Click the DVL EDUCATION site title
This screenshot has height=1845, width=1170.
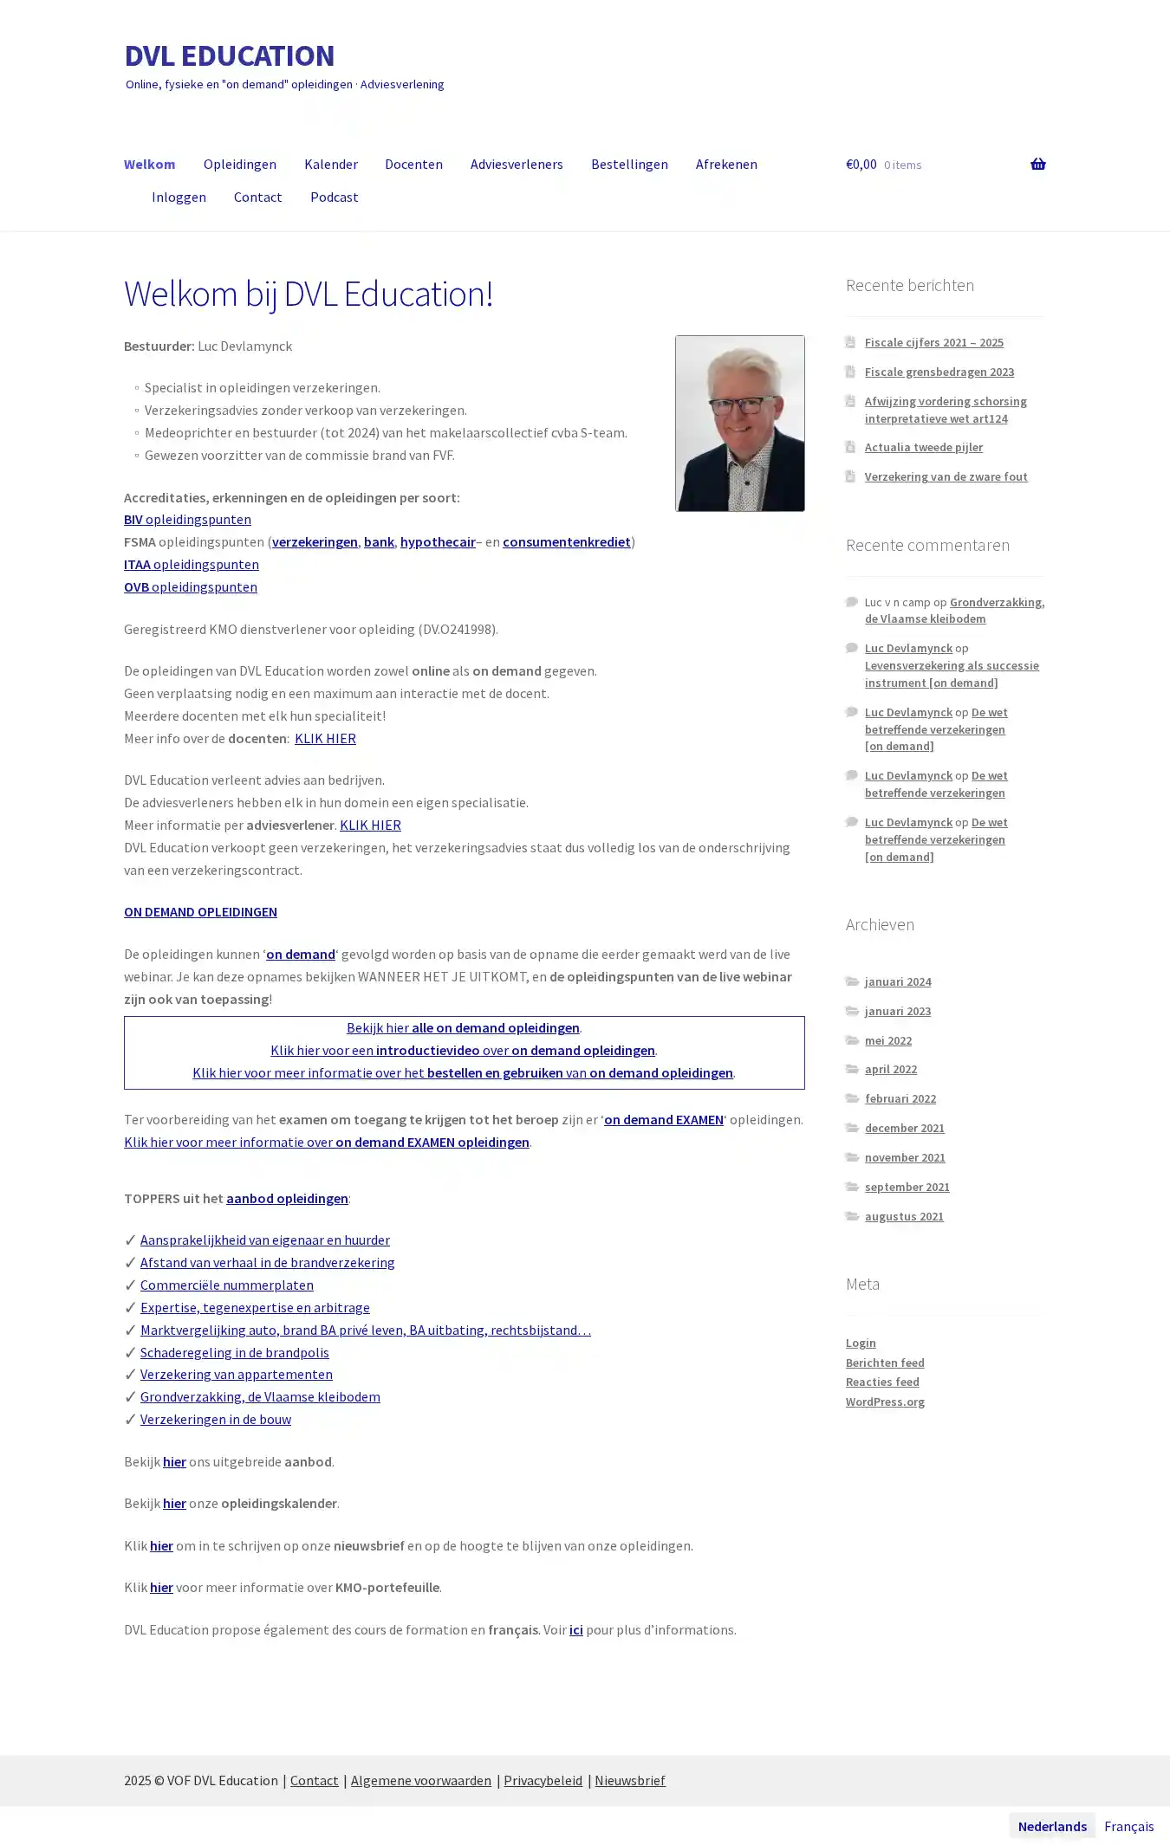(x=229, y=55)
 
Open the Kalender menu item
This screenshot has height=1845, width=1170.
(x=330, y=164)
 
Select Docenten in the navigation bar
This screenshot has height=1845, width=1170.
(x=413, y=164)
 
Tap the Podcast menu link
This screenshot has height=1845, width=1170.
(x=334, y=197)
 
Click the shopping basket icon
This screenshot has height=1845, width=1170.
(x=1037, y=164)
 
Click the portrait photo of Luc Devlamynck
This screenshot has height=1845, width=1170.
(x=739, y=423)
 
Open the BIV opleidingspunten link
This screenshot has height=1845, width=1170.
(x=187, y=519)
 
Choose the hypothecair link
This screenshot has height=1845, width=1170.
(x=438, y=541)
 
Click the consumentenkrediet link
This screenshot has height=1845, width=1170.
(x=566, y=541)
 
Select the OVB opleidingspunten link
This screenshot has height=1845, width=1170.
(x=190, y=586)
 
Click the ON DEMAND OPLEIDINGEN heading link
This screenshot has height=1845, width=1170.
(x=200, y=911)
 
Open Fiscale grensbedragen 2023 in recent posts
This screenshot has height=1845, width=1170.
(x=939, y=372)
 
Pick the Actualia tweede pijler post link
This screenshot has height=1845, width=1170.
(x=923, y=447)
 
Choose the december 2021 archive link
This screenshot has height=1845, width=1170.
(x=904, y=1128)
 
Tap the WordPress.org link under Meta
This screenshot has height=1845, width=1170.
(x=885, y=1402)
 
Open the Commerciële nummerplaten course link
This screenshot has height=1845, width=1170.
(x=226, y=1285)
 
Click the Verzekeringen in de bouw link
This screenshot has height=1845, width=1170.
(x=215, y=1419)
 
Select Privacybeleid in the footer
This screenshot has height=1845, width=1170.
(x=543, y=1780)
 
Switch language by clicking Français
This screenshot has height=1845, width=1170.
(x=1128, y=1826)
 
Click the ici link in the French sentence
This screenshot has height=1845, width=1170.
(x=575, y=1629)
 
